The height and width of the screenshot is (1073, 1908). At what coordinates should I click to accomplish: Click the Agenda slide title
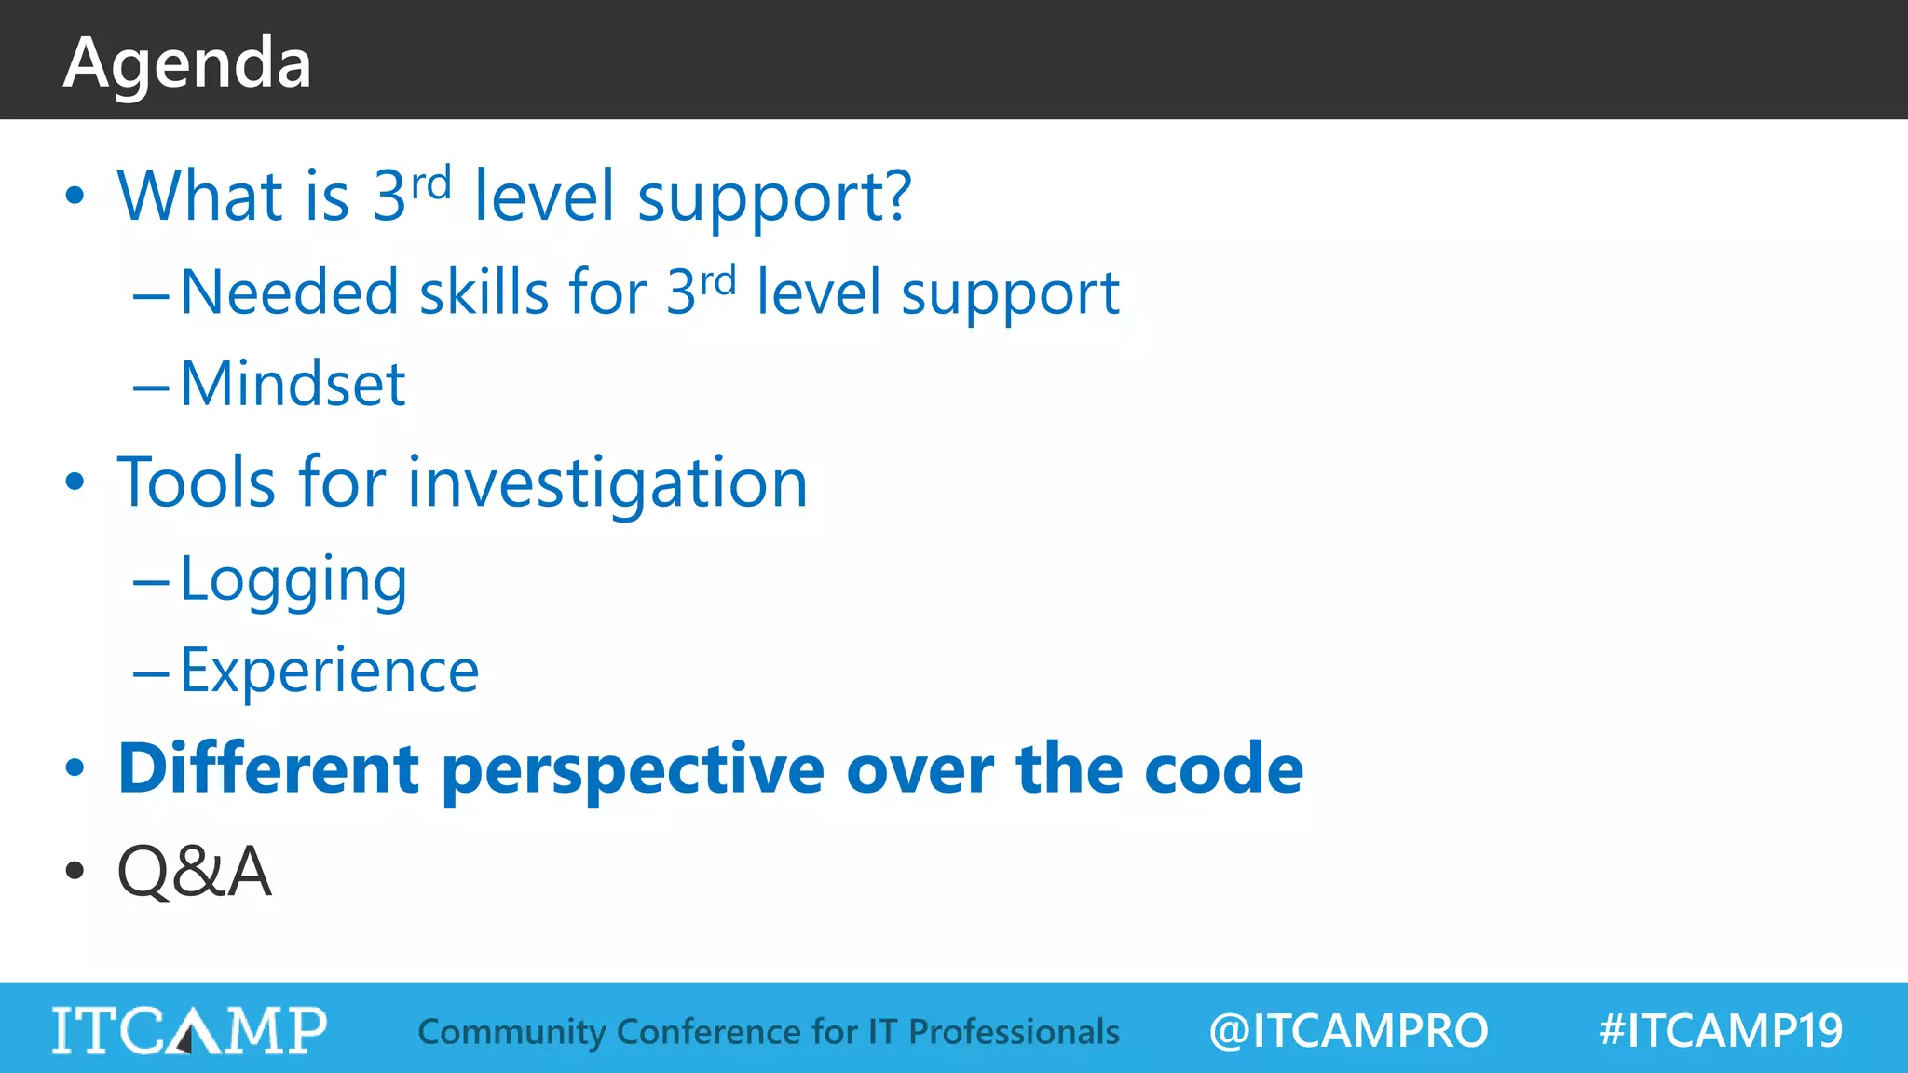[x=187, y=63]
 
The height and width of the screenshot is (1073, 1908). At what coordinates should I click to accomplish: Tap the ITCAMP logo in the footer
[x=189, y=1030]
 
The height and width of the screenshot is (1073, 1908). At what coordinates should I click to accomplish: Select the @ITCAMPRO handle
[x=1347, y=1031]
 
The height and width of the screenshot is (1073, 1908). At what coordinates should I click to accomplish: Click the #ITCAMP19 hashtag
[x=1720, y=1031]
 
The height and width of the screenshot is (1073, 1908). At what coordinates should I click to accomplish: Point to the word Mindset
[x=293, y=384]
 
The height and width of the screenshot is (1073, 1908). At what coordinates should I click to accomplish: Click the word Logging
[x=293, y=580]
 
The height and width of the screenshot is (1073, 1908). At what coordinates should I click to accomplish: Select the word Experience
[x=329, y=671]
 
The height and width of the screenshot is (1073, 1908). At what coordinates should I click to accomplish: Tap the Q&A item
[x=194, y=872]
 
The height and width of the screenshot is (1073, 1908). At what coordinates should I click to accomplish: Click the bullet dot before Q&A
[x=75, y=872]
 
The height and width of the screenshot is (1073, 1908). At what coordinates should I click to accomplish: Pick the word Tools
[x=197, y=482]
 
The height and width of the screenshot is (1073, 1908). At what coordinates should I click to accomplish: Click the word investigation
[x=607, y=484]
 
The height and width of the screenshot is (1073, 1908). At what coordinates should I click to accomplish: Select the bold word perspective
[x=633, y=771]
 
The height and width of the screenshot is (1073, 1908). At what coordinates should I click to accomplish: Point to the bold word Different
[x=268, y=769]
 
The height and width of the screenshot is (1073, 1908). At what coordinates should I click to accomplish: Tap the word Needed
[x=289, y=293]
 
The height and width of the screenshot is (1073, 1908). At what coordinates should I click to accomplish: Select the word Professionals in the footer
[x=1014, y=1032]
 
